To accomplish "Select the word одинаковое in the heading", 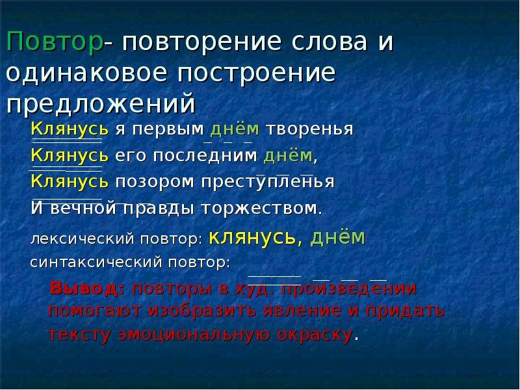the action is click(86, 73).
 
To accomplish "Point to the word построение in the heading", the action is click(257, 73).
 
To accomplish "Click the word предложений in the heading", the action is click(101, 104).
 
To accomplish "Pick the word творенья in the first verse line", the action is click(310, 129).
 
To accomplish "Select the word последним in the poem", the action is click(205, 155).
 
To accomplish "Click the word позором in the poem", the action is click(155, 182).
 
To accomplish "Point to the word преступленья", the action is click(268, 182).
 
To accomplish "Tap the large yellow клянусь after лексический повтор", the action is click(252, 237).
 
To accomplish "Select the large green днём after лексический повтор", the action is click(337, 237).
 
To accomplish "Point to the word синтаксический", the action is click(96, 263).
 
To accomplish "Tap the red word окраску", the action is click(315, 334).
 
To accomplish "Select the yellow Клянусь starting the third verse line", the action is click(70, 182).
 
